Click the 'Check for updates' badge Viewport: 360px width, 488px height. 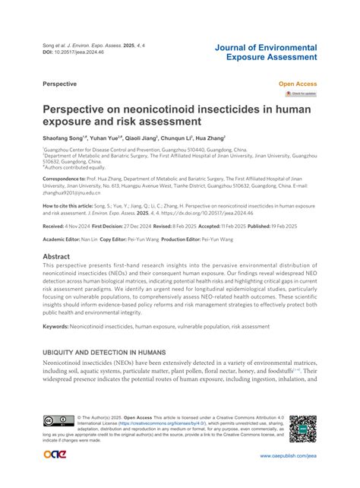pyautogui.click(x=300, y=93)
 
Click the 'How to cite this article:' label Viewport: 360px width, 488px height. pyautogui.click(x=71, y=206)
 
